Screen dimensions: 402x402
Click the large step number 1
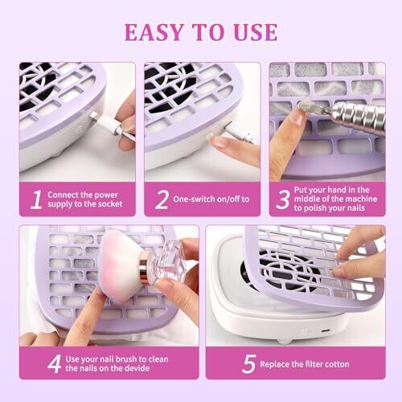(36, 199)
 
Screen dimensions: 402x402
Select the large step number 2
(162, 199)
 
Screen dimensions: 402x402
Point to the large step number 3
(283, 199)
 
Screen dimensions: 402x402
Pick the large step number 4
(55, 364)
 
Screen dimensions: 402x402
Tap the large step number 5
(248, 364)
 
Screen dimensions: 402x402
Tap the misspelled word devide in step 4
(135, 368)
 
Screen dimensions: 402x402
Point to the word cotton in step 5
(337, 364)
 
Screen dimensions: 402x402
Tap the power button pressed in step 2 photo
(209, 137)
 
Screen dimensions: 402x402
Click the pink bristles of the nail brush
(118, 265)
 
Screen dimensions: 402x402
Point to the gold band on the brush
(145, 266)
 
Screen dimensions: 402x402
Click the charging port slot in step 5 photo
(325, 330)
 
